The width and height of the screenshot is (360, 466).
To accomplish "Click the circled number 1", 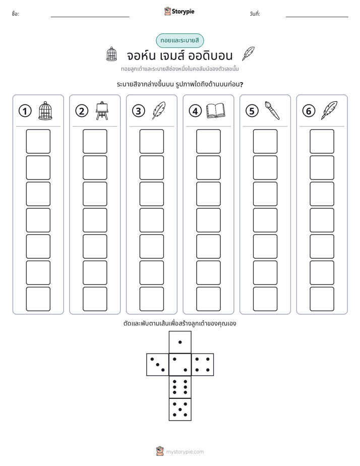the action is coord(25,111).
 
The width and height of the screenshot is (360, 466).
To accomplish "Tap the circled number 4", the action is coord(195,111).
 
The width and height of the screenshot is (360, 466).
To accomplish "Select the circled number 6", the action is coord(309,111).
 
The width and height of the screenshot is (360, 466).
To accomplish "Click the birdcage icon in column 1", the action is coord(45,110).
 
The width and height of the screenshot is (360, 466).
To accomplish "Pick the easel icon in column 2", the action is coord(102,110).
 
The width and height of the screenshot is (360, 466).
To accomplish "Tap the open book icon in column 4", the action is coord(216,111).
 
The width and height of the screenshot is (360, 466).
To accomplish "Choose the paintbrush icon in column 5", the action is coord(272,110).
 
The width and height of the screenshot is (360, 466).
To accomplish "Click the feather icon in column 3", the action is coord(159,110).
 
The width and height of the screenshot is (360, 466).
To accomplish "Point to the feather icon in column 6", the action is coord(329,110).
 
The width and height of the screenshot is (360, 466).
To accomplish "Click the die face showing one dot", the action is coord(180,342).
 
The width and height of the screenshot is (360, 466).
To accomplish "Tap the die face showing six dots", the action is coord(180,387).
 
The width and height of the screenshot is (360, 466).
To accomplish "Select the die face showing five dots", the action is coord(180,410).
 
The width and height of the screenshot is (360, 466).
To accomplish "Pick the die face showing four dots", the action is coord(203,365).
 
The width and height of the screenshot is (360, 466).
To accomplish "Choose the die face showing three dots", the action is coord(158,365).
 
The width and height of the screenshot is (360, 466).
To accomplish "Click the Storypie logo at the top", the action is coord(179,11).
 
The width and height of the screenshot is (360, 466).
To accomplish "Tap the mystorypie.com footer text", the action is coord(185,452).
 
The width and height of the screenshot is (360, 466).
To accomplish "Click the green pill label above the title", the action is coord(180,40).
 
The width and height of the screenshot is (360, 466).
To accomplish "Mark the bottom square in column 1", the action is coord(38,299).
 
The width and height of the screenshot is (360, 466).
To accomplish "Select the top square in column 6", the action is coord(322,141).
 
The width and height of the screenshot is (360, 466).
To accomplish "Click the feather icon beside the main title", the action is coord(248,53).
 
